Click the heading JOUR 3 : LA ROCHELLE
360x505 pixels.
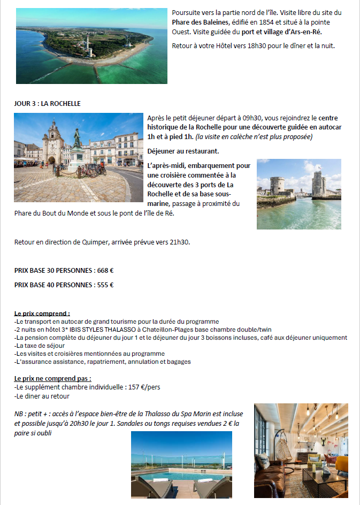pos(47,103)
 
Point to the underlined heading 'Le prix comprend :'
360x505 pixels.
pos(42,313)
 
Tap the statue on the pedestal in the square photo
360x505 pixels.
pos(77,140)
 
